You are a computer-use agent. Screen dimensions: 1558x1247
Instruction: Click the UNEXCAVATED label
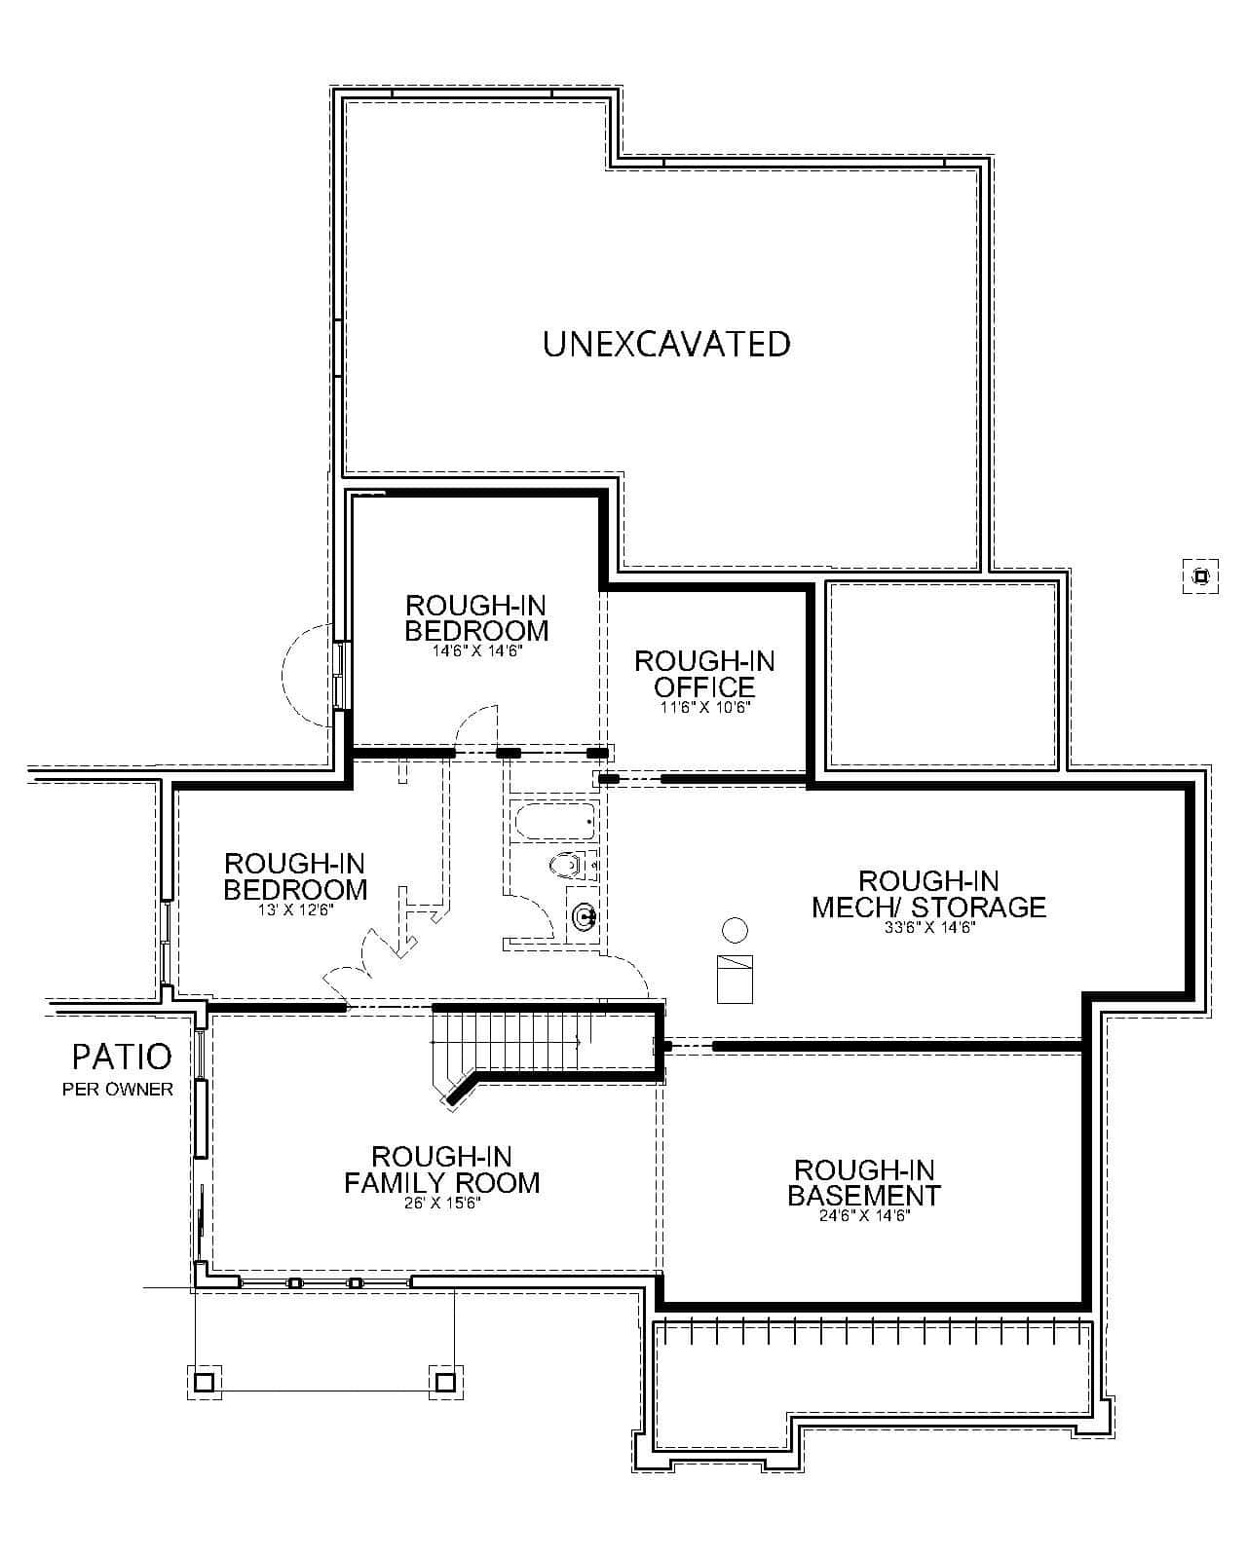pos(666,344)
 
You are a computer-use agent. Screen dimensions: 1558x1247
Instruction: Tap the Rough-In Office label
pos(704,674)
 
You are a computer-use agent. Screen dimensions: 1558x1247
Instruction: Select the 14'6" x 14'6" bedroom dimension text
pos(477,650)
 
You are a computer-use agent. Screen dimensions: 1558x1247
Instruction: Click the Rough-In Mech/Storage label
pos(928,894)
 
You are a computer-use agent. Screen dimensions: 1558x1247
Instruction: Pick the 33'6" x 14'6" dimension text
pos(929,928)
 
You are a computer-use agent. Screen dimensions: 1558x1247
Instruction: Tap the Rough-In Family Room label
pos(441,1169)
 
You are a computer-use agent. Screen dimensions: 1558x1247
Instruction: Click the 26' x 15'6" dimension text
pos(441,1204)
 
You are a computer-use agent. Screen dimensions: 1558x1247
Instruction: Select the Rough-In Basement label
pos(864,1182)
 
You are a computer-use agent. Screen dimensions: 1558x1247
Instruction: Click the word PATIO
pos(122,1056)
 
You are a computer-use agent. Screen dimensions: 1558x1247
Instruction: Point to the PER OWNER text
pos(118,1089)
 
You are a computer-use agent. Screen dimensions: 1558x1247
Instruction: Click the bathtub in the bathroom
pos(553,823)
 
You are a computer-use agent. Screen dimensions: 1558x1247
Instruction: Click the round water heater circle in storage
pos(736,930)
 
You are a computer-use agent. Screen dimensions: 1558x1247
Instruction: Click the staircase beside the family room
pos(516,1042)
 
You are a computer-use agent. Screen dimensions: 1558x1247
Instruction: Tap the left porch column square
pos(204,1381)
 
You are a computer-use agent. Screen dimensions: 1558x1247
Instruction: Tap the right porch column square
pos(445,1381)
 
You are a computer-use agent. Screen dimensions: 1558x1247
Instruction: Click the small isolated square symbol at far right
pos(1200,576)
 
